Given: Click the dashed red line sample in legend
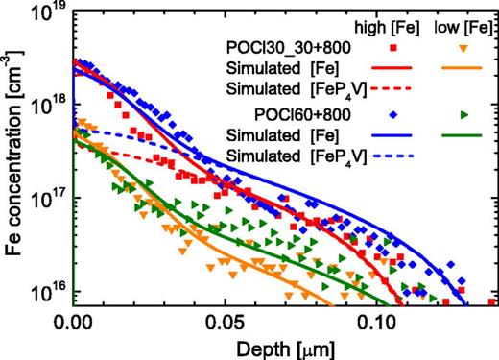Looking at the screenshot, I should click(x=393, y=90).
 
